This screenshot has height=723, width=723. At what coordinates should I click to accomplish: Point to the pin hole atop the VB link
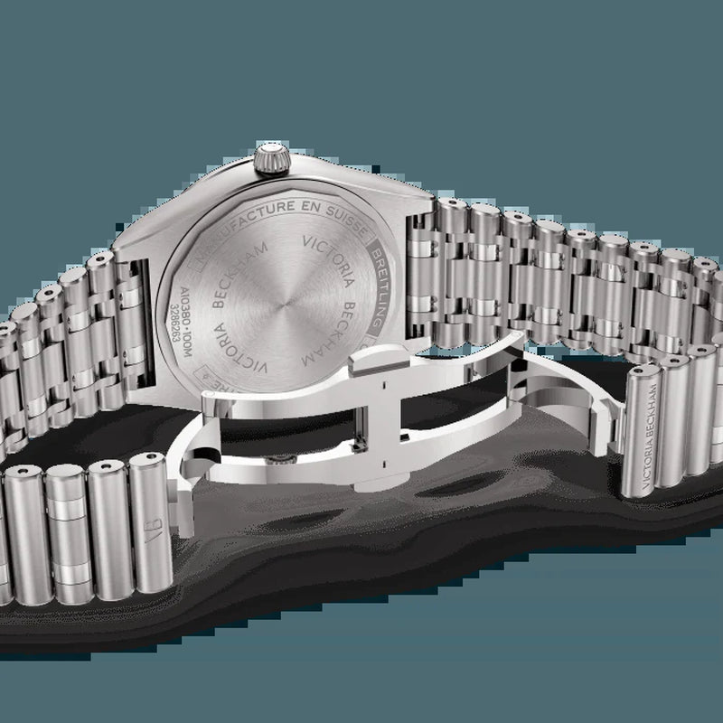148,462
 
